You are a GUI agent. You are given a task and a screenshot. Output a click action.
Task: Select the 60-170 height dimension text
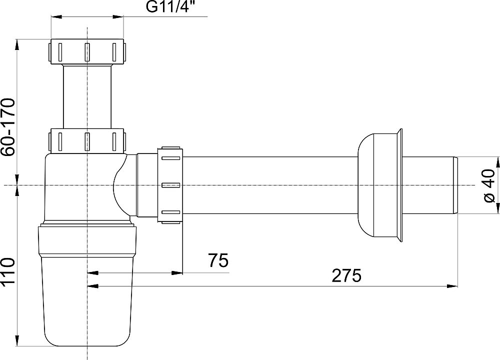pyautogui.click(x=7, y=127)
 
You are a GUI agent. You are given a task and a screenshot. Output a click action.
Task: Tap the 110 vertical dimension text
pyautogui.click(x=7, y=270)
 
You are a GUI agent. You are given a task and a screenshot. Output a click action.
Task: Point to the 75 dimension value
pyautogui.click(x=218, y=260)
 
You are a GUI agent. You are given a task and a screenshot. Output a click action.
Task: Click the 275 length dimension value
pyautogui.click(x=346, y=275)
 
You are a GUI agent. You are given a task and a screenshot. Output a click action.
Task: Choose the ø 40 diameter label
pyautogui.click(x=489, y=186)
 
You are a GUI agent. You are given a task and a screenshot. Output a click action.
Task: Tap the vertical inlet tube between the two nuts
pyautogui.click(x=87, y=96)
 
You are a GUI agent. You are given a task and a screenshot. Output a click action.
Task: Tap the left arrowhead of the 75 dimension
pyautogui.click(x=92, y=273)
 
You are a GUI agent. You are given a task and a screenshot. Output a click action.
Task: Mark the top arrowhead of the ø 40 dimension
pyautogui.click(x=497, y=162)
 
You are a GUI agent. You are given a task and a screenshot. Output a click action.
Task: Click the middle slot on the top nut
pyautogui.click(x=87, y=51)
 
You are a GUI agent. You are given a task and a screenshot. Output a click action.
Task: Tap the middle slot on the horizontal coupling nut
pyautogui.click(x=171, y=185)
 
